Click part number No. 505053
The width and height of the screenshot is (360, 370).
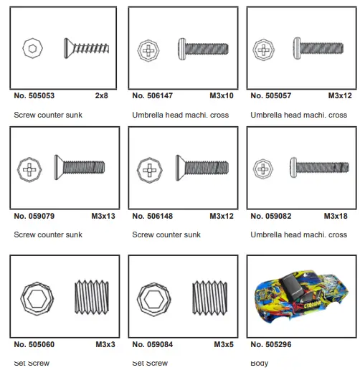[x=34, y=95]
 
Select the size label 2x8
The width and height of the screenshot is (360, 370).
[x=101, y=95]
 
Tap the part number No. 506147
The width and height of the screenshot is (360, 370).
[x=153, y=95]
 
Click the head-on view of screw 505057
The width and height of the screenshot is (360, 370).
[x=264, y=50]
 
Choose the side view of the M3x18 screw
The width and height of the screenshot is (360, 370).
[x=321, y=167]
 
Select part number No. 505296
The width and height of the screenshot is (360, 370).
[x=271, y=344]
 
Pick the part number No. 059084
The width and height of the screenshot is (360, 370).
[x=153, y=344]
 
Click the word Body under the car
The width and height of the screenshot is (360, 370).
[x=260, y=364]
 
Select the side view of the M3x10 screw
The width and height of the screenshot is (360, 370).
[x=203, y=49]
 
